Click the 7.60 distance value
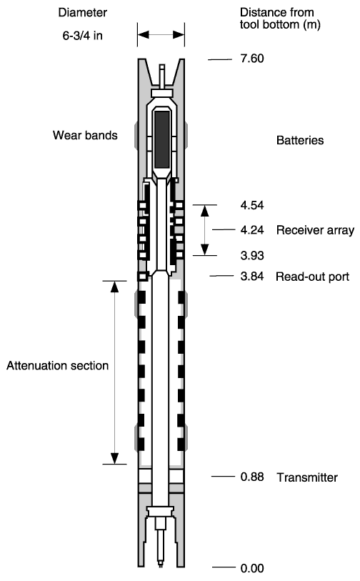[252, 59]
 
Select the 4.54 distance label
[252, 205]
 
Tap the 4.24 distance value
[252, 230]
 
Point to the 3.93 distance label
[252, 256]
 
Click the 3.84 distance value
[252, 277]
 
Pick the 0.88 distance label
[252, 477]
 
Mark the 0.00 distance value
[252, 568]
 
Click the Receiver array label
[315, 231]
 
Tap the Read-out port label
[313, 277]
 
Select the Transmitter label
[307, 477]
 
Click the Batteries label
[300, 141]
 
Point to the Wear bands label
[85, 135]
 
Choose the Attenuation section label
[57, 366]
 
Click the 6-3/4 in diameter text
[83, 36]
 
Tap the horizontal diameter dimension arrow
[161, 35]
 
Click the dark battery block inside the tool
[162, 139]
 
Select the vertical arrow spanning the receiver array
[205, 230]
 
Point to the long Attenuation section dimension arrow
[115, 372]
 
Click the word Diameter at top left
[83, 13]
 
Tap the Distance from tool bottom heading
[280, 19]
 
